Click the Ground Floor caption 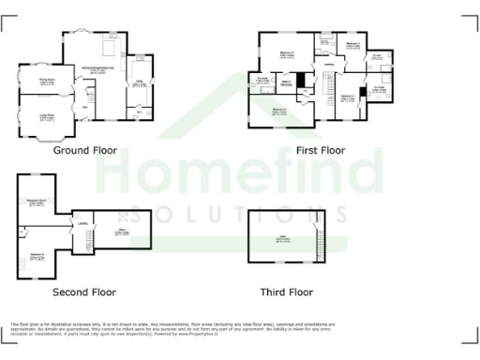point(84,150)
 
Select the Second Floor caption point(84,292)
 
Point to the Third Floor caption point(287,292)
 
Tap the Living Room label point(46,115)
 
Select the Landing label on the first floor point(329,64)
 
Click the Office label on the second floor point(122,230)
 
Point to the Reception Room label point(37,202)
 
